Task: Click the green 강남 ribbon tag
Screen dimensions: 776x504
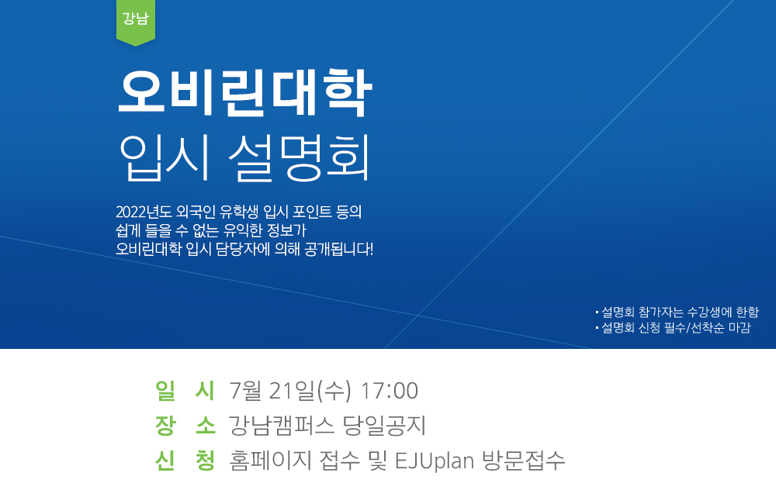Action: click(136, 22)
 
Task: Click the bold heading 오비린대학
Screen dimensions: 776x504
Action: click(244, 93)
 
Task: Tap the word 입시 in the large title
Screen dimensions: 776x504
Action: click(165, 157)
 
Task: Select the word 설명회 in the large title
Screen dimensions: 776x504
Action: click(299, 157)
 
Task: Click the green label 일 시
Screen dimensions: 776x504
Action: click(185, 390)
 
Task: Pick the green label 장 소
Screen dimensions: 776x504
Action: click(185, 426)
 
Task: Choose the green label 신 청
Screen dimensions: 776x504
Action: click(185, 461)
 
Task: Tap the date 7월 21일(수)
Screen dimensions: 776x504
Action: click(290, 391)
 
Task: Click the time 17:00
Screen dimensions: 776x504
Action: click(390, 391)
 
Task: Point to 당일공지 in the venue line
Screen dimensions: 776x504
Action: click(385, 426)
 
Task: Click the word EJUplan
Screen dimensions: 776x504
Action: click(435, 461)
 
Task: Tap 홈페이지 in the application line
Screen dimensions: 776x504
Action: click(270, 461)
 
